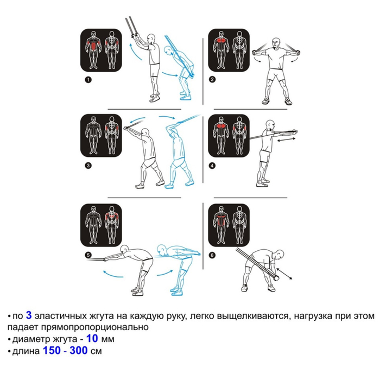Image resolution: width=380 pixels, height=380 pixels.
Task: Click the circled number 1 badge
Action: [88, 80]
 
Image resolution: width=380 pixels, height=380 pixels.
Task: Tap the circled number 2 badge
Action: [212, 79]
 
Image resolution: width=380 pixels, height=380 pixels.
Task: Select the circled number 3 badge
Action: [88, 166]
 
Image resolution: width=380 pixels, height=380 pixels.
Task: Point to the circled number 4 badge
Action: [212, 166]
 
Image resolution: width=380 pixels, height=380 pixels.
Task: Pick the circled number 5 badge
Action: [88, 255]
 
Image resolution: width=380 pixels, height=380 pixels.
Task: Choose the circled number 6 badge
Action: [212, 255]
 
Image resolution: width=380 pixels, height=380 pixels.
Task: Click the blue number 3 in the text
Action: [29, 315]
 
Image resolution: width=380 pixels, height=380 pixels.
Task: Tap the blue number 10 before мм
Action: [92, 338]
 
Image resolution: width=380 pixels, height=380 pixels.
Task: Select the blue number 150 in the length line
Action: [52, 351]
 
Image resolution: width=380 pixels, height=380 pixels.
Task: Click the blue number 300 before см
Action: [79, 351]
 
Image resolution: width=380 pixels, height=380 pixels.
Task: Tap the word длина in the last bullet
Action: [26, 351]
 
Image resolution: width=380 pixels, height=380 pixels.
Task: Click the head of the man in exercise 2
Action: [276, 43]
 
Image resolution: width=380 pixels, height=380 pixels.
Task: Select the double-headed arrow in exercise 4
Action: [286, 140]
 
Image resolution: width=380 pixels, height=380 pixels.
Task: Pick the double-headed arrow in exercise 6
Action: [284, 274]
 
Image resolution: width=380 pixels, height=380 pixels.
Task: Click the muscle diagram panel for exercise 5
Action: [101, 225]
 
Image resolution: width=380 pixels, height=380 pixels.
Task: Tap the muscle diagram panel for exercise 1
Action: [101, 50]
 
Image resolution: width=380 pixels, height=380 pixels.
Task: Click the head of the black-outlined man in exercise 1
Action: [151, 39]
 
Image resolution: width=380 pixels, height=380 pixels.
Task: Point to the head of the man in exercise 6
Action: [280, 255]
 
